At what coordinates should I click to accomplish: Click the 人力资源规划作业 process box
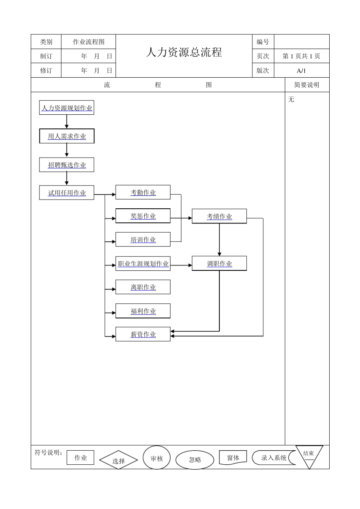[x=67, y=108]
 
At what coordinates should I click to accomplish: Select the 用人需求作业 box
[x=67, y=136]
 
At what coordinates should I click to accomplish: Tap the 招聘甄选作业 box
[x=67, y=165]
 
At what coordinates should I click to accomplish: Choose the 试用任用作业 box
[x=67, y=193]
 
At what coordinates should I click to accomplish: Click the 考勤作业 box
[x=143, y=192]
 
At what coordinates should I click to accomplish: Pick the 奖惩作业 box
[x=143, y=216]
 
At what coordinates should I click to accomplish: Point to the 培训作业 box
[x=143, y=240]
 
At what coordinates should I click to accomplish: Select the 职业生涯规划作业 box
[x=143, y=264]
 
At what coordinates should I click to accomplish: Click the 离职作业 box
[x=143, y=287]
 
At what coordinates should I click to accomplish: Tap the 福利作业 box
[x=143, y=311]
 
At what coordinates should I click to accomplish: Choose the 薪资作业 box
[x=143, y=334]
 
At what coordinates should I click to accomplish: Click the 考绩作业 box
[x=219, y=216]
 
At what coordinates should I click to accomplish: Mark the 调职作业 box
[x=219, y=264]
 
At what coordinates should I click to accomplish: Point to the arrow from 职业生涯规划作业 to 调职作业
[x=181, y=265]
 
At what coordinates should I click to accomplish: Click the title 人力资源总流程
[x=184, y=53]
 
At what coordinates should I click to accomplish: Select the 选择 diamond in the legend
[x=118, y=461]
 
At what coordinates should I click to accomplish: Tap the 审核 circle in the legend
[x=157, y=458]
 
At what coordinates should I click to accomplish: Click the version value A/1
[x=301, y=71]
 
